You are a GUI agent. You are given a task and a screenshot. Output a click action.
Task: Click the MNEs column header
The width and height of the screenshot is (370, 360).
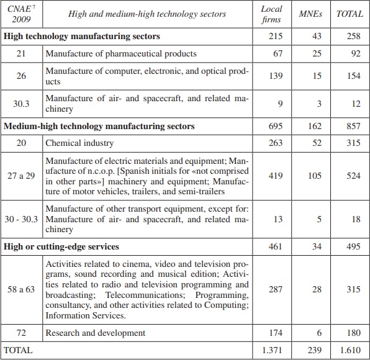[x=315, y=14]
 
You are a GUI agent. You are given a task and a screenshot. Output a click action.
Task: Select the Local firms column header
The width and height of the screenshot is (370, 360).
[x=272, y=14]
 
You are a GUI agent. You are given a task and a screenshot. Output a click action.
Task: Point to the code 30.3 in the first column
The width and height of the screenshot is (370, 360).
[x=23, y=104]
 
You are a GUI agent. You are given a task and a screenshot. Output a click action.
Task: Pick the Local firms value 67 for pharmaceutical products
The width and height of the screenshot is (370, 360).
[x=277, y=54]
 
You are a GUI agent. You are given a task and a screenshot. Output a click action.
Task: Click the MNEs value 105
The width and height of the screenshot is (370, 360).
[x=315, y=176]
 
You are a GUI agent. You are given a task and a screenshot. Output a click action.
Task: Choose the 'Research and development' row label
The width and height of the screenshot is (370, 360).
[x=95, y=333]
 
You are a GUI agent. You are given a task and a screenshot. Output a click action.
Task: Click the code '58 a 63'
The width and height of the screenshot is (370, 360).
[x=22, y=289]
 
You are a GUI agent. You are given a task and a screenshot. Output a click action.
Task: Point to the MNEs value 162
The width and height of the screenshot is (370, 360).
[x=315, y=126]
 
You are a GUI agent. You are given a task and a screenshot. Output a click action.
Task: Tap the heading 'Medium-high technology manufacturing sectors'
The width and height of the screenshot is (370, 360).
[x=99, y=126]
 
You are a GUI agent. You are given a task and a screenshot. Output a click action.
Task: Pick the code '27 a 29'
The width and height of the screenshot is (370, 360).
[x=22, y=176]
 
